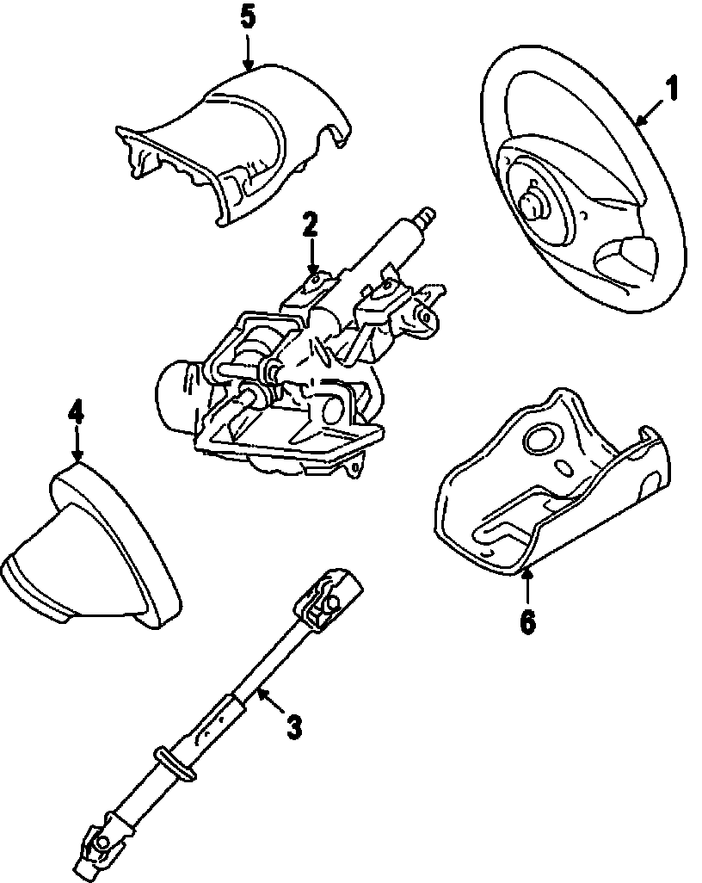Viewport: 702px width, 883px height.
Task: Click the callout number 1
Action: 672,89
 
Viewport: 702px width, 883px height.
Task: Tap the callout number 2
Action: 311,225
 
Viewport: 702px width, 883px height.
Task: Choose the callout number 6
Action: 527,621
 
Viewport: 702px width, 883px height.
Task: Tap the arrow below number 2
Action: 311,258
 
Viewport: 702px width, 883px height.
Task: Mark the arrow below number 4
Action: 77,446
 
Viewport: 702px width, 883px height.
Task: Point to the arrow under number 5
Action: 248,53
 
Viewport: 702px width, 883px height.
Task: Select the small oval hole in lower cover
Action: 564,469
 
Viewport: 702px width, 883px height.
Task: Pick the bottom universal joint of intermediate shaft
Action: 100,848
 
